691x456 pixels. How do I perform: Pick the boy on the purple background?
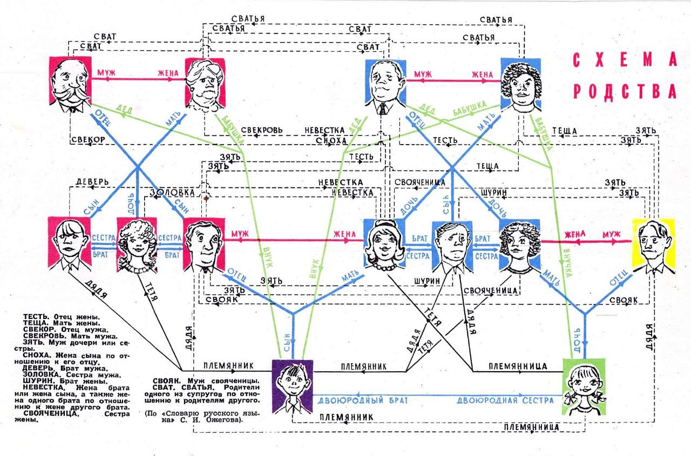click(x=292, y=385)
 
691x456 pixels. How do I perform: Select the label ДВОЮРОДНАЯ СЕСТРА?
click(x=505, y=400)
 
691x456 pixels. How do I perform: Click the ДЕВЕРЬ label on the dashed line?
click(x=92, y=181)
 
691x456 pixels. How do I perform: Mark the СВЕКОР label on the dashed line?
click(x=87, y=139)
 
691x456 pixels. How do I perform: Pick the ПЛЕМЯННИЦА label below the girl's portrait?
click(x=531, y=427)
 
